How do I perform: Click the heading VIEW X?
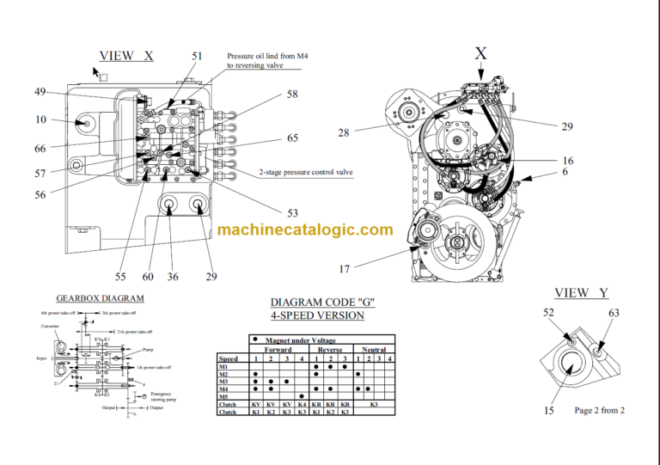pyautogui.click(x=126, y=56)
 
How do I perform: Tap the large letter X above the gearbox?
pyautogui.click(x=480, y=53)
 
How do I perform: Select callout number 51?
pyautogui.click(x=198, y=56)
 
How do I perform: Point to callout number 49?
pyautogui.click(x=40, y=92)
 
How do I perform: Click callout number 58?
pyautogui.click(x=292, y=94)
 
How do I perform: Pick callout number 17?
pyautogui.click(x=344, y=269)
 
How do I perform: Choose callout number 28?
pyautogui.click(x=344, y=132)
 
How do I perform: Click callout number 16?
pyautogui.click(x=568, y=161)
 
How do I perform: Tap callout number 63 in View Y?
pyautogui.click(x=614, y=314)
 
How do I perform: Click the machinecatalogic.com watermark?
pyautogui.click(x=305, y=229)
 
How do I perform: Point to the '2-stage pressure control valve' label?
pyautogui.click(x=306, y=173)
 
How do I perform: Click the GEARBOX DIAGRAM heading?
pyautogui.click(x=100, y=298)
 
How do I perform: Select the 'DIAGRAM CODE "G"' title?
pyautogui.click(x=323, y=303)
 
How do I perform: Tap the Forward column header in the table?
pyautogui.click(x=277, y=350)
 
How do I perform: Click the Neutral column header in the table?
pyautogui.click(x=374, y=350)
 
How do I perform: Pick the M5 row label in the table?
pyautogui.click(x=224, y=396)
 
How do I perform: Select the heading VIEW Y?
pyautogui.click(x=584, y=292)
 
